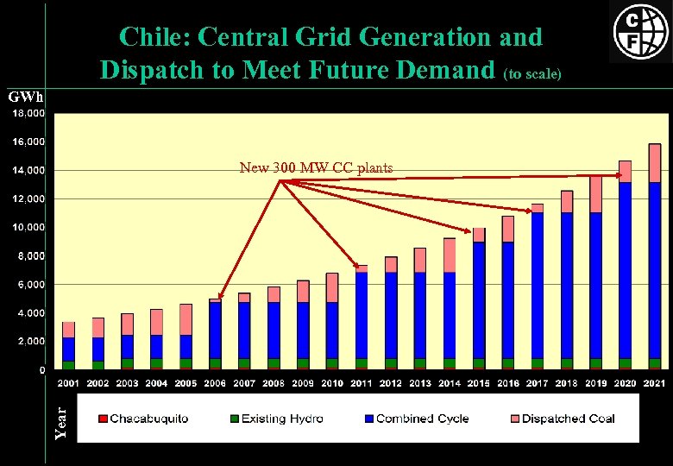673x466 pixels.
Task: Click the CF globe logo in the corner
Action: (639, 32)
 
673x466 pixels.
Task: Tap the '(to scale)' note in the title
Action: (533, 74)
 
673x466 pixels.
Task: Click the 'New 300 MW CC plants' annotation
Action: (316, 168)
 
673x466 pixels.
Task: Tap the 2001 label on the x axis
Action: (69, 382)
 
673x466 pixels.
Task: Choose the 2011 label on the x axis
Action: (362, 382)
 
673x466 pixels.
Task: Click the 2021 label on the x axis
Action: (654, 382)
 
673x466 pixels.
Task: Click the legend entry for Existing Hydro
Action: (274, 419)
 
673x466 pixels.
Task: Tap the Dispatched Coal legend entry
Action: (559, 419)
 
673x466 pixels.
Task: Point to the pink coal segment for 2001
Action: (69, 330)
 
